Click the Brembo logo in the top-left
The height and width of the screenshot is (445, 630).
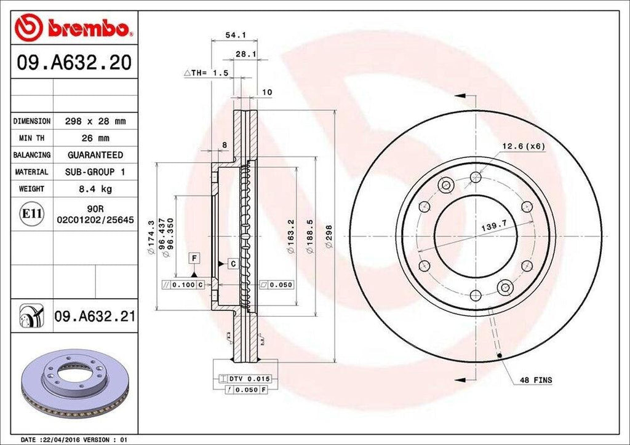[73, 28]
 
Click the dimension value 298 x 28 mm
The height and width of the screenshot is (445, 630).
[95, 121]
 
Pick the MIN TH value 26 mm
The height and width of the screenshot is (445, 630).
[95, 138]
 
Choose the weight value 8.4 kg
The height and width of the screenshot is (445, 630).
[95, 189]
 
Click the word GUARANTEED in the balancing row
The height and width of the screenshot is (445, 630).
[95, 155]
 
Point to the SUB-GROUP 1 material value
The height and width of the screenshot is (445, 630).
[95, 172]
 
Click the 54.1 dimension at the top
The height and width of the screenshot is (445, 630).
[232, 36]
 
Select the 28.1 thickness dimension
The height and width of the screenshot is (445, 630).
[246, 54]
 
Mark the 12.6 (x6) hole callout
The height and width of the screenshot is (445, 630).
[524, 146]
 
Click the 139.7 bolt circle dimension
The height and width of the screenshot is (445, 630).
[493, 227]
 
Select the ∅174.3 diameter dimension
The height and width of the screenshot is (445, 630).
[151, 237]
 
